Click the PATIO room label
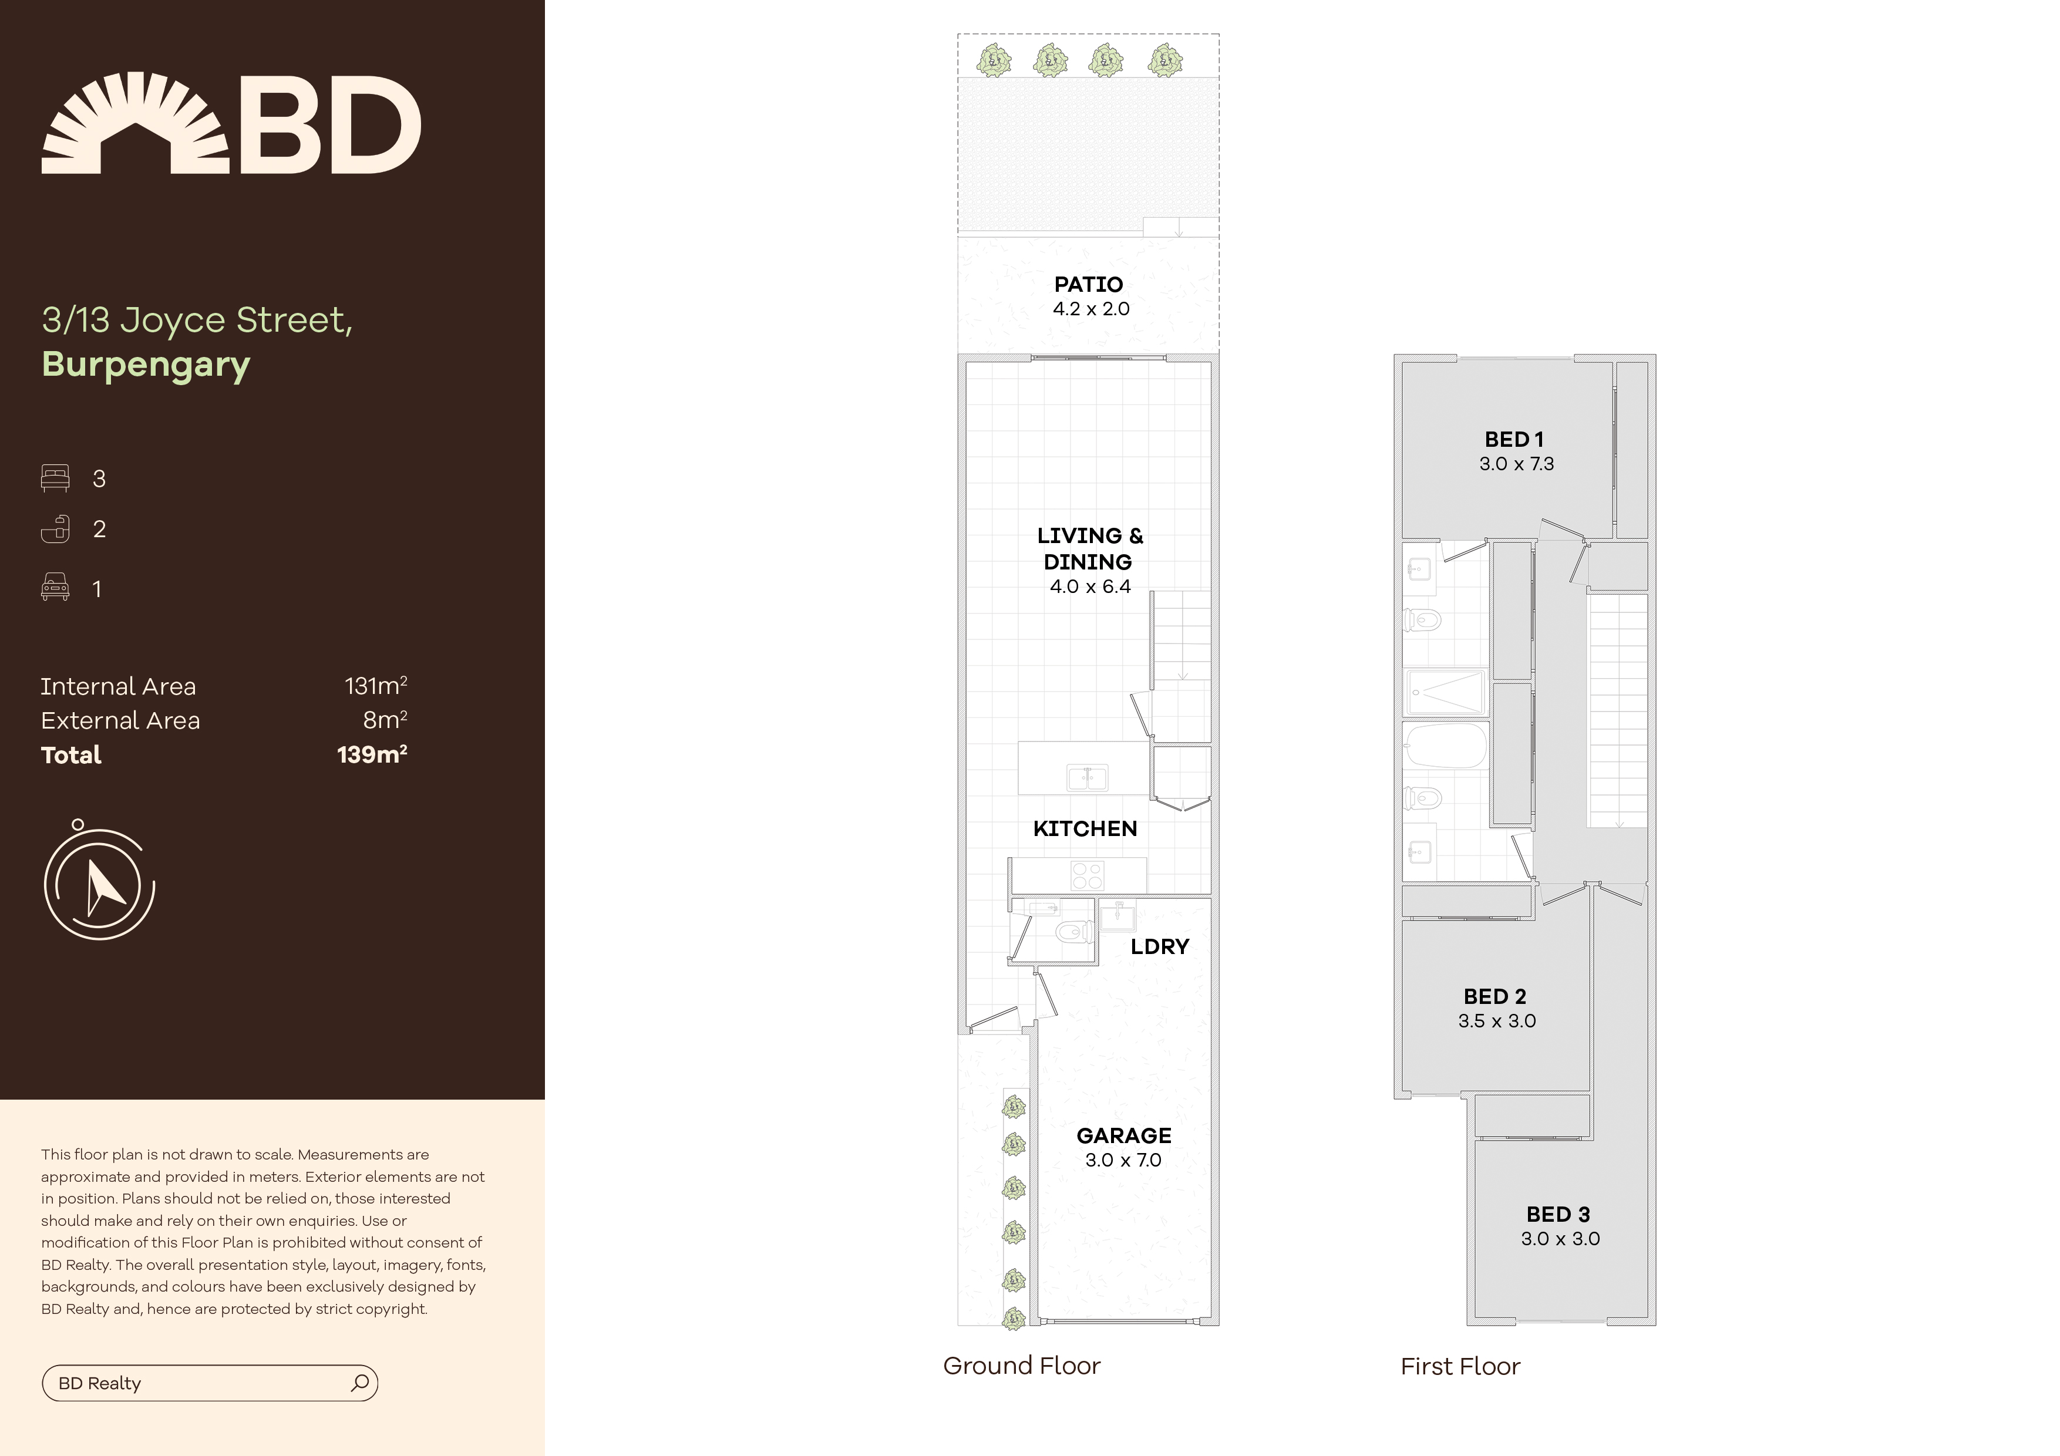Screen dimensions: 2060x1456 click(1088, 284)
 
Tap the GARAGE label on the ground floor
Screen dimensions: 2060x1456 click(1123, 1135)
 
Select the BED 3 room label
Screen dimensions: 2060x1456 click(1559, 1215)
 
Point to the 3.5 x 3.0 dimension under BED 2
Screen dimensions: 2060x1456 click(1496, 1021)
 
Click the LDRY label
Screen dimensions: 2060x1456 click(1159, 946)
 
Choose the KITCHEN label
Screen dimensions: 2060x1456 click(1085, 829)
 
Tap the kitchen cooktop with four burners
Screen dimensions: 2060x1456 click(1088, 875)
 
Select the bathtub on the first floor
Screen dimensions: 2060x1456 click(1445, 746)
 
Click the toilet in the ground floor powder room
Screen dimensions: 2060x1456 click(1073, 932)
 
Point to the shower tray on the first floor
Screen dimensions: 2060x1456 click(1445, 693)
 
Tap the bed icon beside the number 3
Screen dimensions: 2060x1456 click(55, 478)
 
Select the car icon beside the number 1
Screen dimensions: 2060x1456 click(55, 588)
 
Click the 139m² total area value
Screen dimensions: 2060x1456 click(372, 754)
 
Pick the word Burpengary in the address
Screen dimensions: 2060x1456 click(146, 365)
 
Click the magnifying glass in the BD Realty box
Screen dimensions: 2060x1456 click(360, 1383)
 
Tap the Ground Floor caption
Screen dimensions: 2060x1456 click(1021, 1366)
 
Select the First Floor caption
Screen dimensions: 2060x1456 click(1460, 1366)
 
